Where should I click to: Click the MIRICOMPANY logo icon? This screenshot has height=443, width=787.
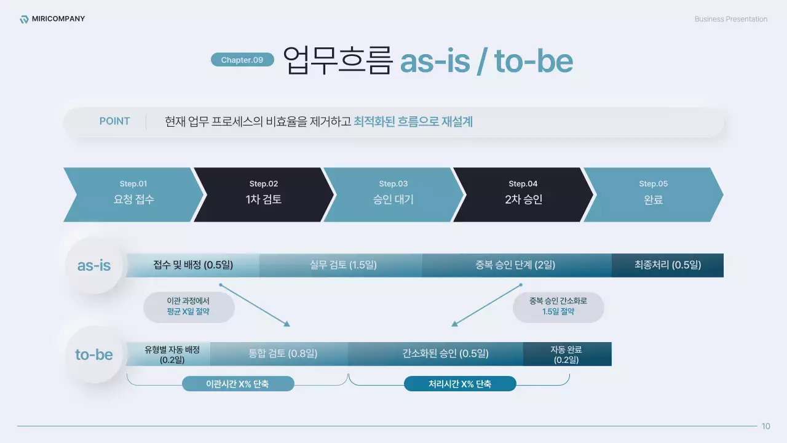(24, 19)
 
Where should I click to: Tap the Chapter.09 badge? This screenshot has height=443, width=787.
(242, 60)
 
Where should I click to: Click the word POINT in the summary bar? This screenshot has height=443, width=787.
(114, 121)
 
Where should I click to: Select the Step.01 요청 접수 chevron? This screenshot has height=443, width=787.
(133, 194)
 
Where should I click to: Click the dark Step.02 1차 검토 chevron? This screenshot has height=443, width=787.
(264, 194)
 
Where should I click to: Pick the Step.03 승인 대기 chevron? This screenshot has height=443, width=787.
(393, 194)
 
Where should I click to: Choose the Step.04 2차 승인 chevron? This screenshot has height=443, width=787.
(523, 194)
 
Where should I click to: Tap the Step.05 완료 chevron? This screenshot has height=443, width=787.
(653, 194)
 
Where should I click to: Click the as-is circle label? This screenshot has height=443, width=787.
(94, 266)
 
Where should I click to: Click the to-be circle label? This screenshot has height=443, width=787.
(94, 354)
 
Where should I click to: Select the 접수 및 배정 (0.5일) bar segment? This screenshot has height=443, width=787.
(193, 265)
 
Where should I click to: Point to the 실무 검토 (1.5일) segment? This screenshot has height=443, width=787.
(343, 265)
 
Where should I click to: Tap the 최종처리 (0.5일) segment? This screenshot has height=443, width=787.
(668, 265)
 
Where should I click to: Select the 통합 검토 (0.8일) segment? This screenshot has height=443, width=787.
(283, 354)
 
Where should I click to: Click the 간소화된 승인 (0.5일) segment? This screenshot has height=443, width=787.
(437, 354)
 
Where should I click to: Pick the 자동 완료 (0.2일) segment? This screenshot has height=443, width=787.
(567, 354)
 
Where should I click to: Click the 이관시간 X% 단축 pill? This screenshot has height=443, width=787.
(238, 384)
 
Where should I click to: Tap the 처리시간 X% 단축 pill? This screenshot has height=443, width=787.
(460, 384)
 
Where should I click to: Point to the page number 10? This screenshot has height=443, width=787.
(765, 426)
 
